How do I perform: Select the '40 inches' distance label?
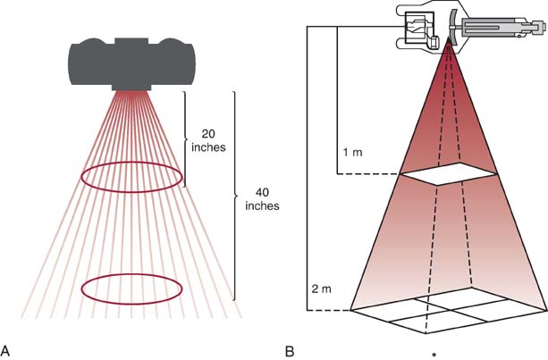tap(261, 197)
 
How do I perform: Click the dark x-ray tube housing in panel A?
tap(132, 63)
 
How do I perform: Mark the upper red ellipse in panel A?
tap(132, 177)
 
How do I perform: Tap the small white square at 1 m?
tap(449, 176)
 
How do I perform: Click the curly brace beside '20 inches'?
tap(186, 138)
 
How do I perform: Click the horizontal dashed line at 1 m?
tap(368, 176)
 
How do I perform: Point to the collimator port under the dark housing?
tap(132, 87)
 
